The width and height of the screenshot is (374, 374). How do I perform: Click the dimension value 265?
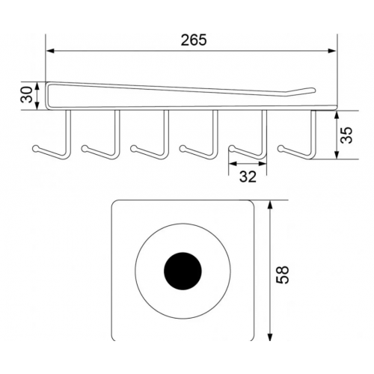194,40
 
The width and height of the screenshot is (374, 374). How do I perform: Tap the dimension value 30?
27,94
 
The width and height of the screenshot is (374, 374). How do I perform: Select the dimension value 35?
346,135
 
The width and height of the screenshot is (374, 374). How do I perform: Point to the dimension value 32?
248,177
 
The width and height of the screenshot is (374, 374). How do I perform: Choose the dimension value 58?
283,275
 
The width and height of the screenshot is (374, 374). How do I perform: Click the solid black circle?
183,271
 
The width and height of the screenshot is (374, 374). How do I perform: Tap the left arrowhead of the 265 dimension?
51,51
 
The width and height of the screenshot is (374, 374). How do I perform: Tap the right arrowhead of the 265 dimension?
332,51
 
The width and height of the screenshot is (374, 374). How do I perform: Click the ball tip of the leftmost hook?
36,149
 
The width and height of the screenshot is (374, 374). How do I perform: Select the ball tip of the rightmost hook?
281,149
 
